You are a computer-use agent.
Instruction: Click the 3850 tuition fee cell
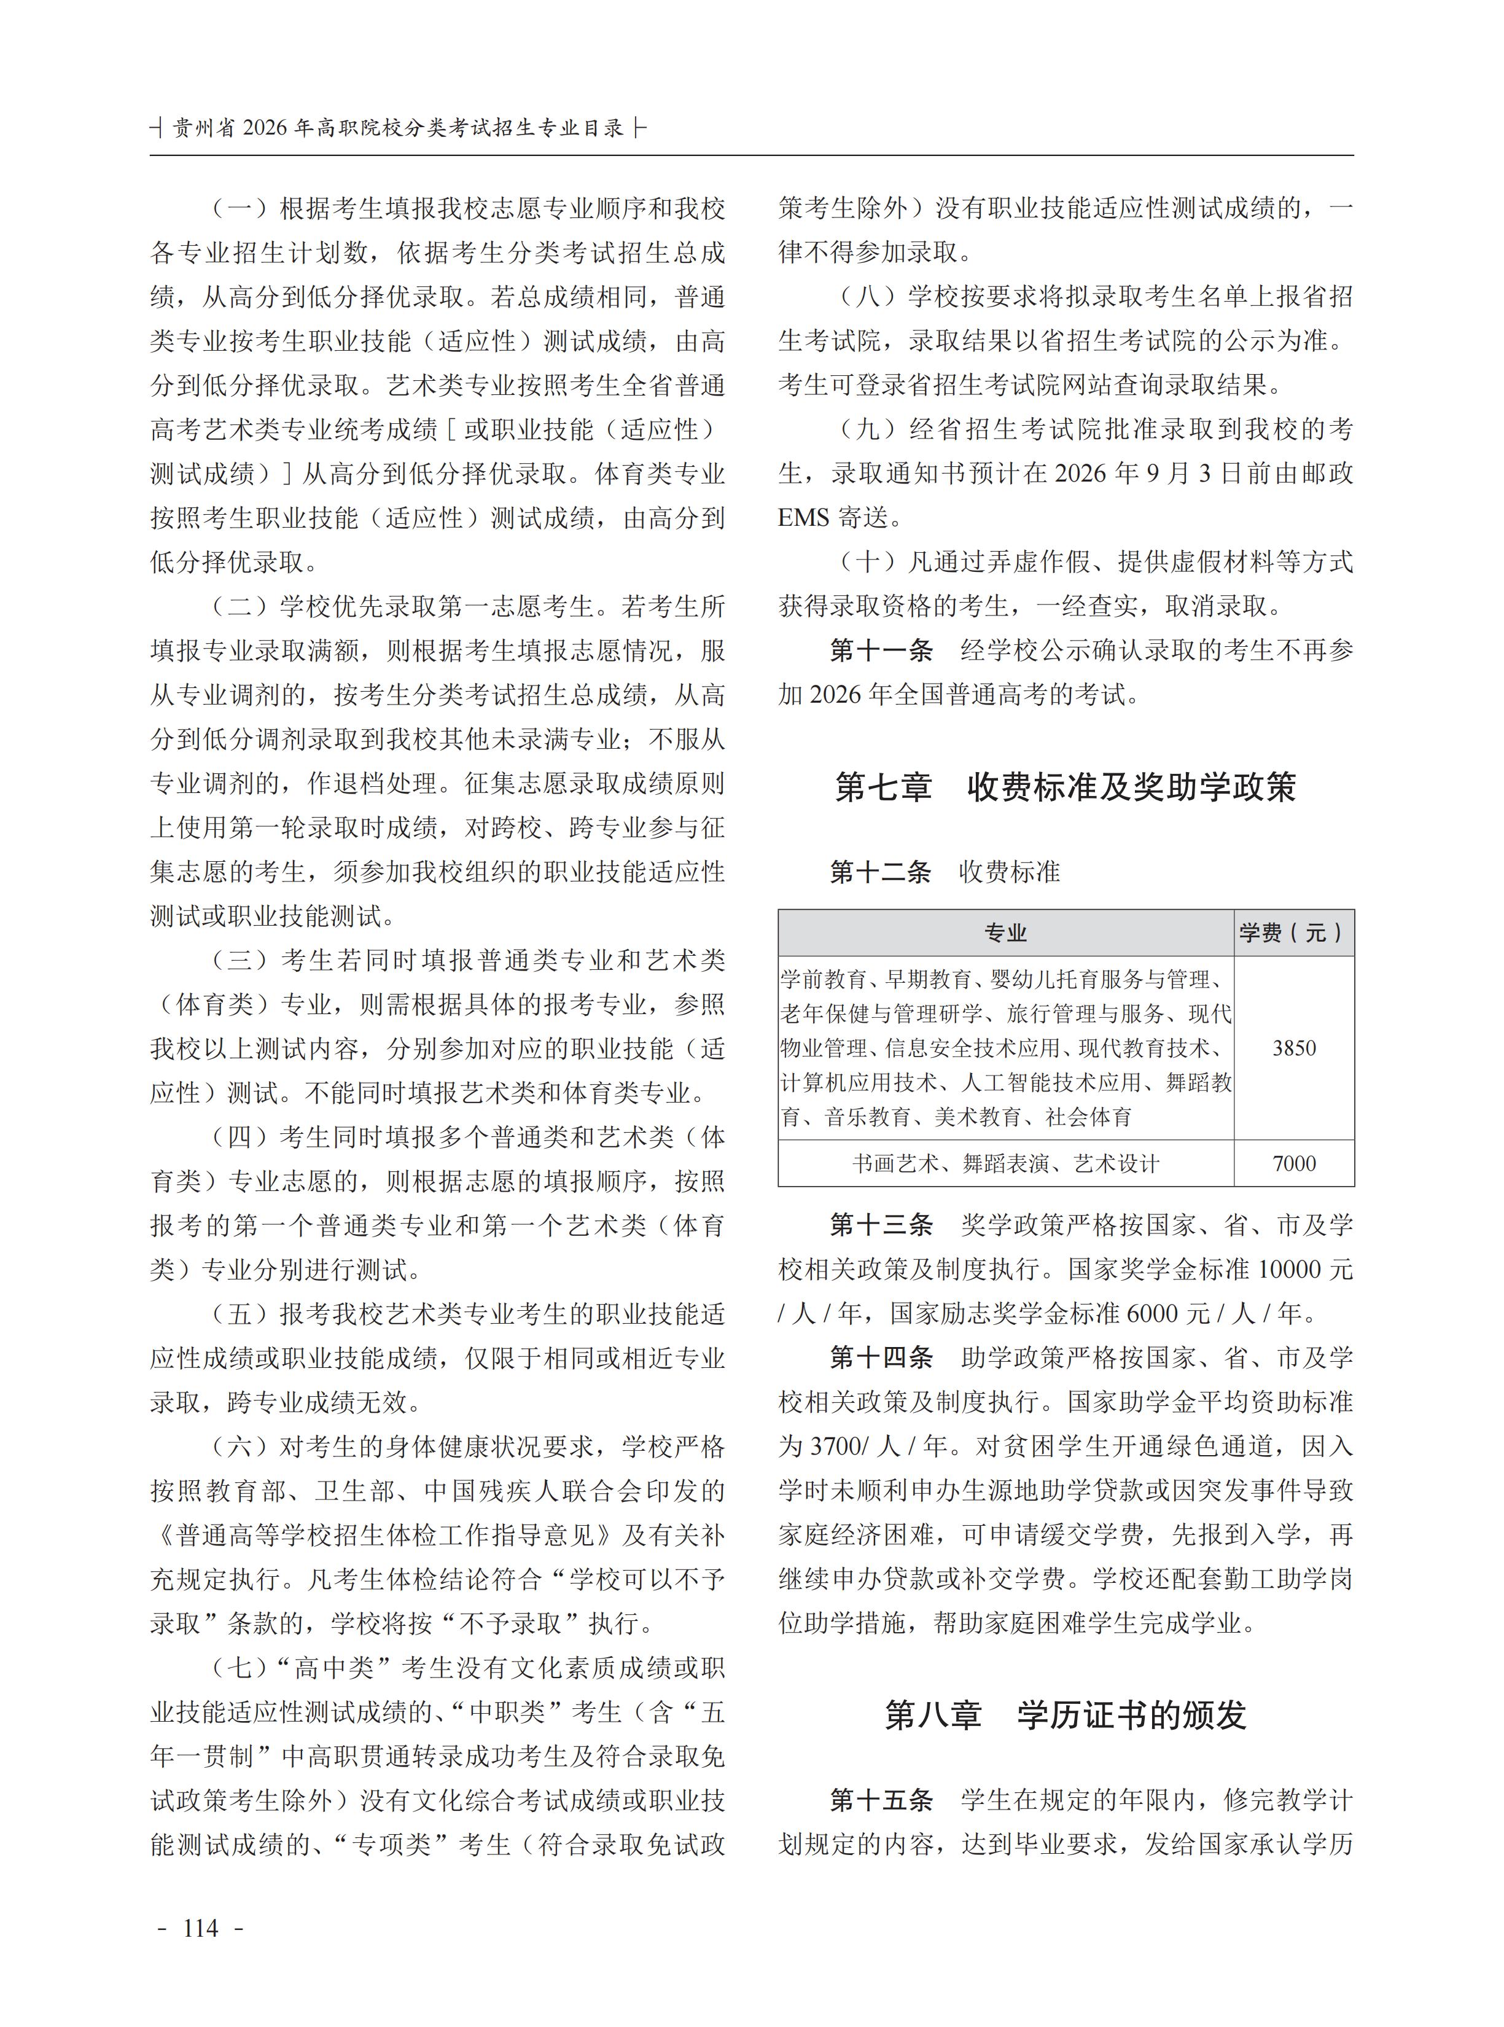point(1294,1048)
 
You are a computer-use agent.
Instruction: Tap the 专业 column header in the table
point(1005,932)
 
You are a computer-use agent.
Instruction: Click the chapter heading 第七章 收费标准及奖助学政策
point(1065,787)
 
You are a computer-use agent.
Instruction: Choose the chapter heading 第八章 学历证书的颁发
point(1065,1715)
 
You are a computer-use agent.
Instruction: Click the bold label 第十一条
point(881,650)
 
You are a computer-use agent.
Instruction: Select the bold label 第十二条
point(881,872)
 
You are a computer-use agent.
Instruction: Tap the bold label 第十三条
point(881,1225)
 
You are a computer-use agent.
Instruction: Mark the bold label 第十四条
point(881,1357)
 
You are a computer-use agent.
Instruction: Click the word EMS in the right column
point(804,518)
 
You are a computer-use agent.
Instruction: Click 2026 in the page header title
point(265,128)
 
